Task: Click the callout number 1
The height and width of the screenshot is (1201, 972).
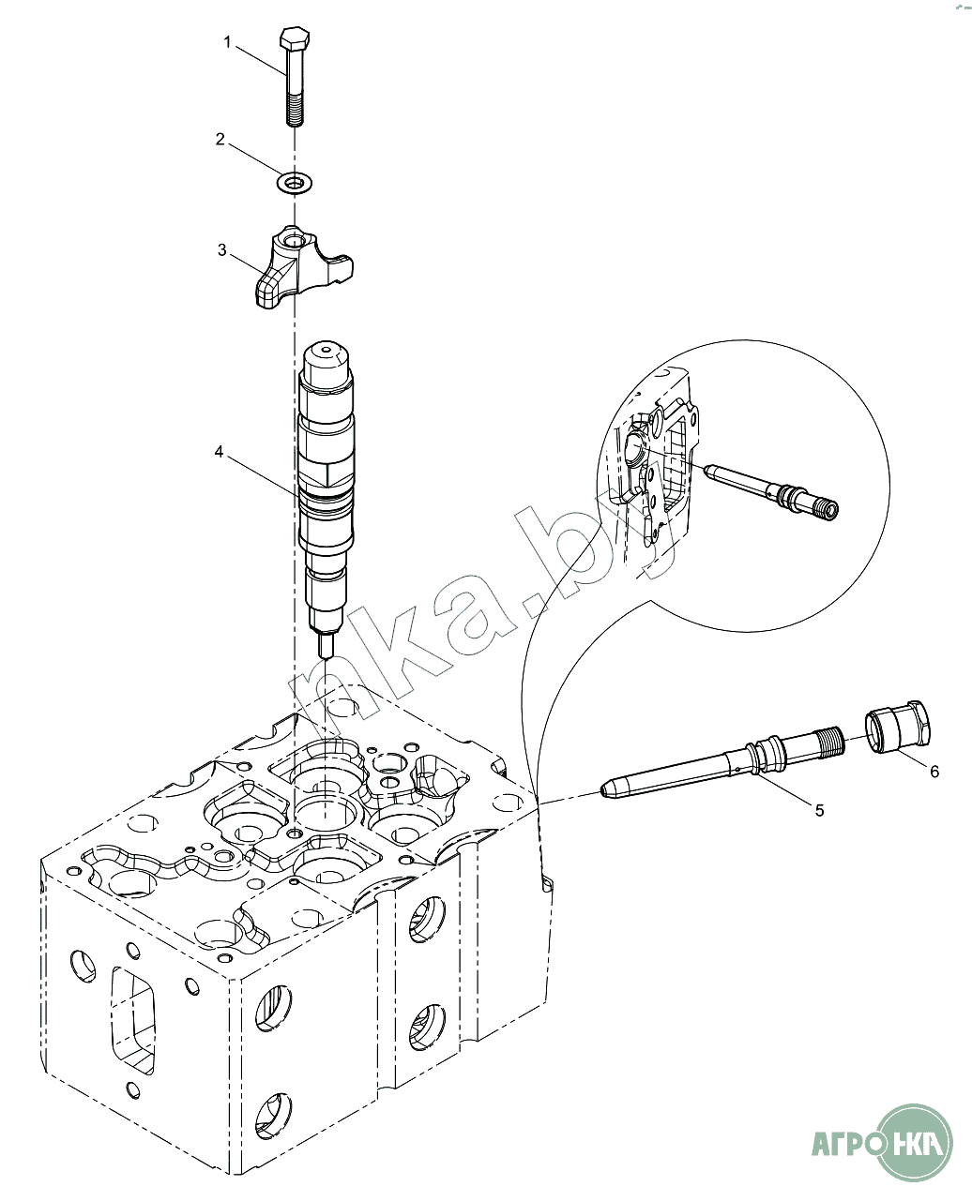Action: point(227,41)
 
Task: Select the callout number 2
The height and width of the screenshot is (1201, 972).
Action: point(220,140)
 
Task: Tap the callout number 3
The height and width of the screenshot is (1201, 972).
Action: point(221,250)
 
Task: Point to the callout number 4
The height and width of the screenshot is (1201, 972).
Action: point(219,452)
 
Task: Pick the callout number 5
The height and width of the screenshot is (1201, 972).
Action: point(819,810)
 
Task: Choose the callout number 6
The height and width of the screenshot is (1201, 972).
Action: point(934,771)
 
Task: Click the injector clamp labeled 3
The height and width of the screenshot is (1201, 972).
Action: point(298,269)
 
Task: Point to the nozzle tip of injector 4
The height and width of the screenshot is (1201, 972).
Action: point(327,647)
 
